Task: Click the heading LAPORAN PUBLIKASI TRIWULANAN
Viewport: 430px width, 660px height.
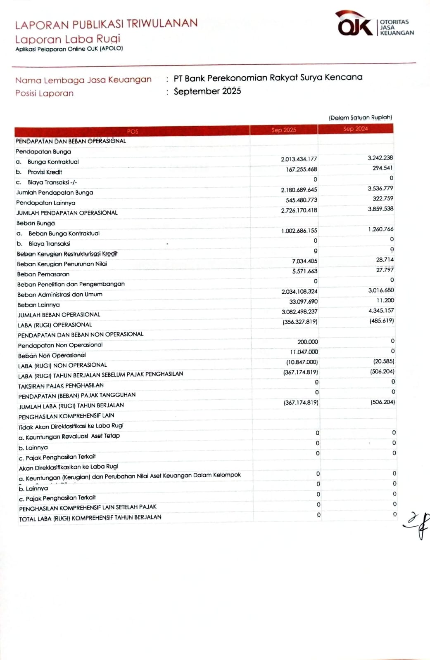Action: (106, 24)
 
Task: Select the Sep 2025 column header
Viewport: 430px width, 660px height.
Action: (284, 130)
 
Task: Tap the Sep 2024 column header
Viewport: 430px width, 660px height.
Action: (355, 129)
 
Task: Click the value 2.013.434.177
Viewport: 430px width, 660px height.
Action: (299, 159)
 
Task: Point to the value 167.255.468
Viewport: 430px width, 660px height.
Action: (301, 170)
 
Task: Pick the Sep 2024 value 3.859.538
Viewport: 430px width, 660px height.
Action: (380, 209)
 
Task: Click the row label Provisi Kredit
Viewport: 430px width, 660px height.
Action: (45, 172)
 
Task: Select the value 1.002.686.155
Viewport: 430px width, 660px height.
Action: (299, 231)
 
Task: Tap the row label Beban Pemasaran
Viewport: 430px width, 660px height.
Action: (43, 274)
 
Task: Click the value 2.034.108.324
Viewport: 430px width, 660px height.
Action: (299, 292)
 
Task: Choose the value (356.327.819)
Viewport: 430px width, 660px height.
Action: (300, 322)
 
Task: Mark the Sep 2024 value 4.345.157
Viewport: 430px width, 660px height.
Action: (381, 311)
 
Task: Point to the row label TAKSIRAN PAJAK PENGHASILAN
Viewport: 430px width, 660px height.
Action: (61, 386)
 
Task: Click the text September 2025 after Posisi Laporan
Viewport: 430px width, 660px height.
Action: (207, 91)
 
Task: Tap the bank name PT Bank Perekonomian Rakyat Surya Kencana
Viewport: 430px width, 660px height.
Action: (268, 78)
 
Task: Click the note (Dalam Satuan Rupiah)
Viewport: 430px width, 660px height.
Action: (360, 118)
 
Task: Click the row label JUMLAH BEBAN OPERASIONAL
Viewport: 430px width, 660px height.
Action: (59, 315)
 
